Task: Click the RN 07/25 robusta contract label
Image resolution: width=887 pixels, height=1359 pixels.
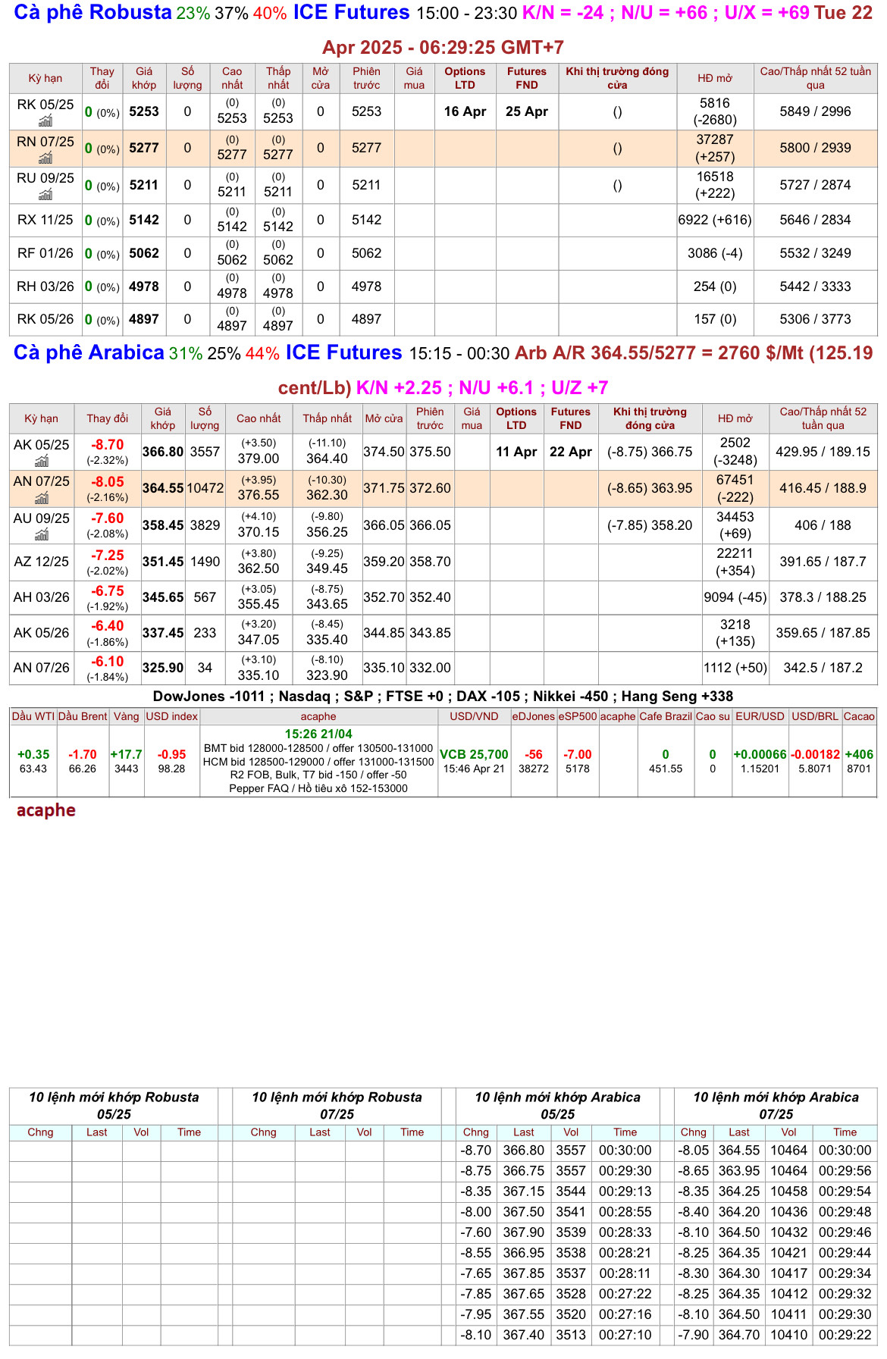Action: click(45, 142)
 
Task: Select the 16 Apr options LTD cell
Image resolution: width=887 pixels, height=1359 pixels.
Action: click(465, 111)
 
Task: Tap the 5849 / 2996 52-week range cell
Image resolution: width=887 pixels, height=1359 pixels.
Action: click(815, 111)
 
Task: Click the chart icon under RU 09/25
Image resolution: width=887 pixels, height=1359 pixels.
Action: click(45, 195)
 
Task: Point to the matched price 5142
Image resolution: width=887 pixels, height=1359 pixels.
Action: click(144, 220)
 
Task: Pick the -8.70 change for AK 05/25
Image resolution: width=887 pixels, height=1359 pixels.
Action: click(108, 445)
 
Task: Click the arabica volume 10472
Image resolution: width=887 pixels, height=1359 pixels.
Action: click(205, 488)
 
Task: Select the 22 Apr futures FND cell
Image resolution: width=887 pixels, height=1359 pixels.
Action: click(570, 452)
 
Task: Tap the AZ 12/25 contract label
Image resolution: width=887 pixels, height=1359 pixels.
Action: click(41, 562)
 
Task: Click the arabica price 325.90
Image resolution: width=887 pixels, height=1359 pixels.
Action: click(163, 668)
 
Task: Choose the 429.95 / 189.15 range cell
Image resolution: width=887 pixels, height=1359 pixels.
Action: click(823, 452)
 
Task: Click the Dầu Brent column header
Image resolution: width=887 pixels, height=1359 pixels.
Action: click(83, 716)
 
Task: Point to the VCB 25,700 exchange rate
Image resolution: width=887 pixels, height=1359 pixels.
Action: click(474, 755)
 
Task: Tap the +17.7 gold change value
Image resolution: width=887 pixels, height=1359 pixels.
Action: click(126, 755)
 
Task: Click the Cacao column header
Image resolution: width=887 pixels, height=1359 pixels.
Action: click(859, 716)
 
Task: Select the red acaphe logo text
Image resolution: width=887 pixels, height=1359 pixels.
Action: click(46, 810)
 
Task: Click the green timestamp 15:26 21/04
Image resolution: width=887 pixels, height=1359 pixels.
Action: click(318, 734)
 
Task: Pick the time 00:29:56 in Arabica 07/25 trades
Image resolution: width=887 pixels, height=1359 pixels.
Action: click(845, 1170)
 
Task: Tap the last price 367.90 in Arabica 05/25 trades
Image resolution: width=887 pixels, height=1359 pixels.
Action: click(524, 1232)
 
